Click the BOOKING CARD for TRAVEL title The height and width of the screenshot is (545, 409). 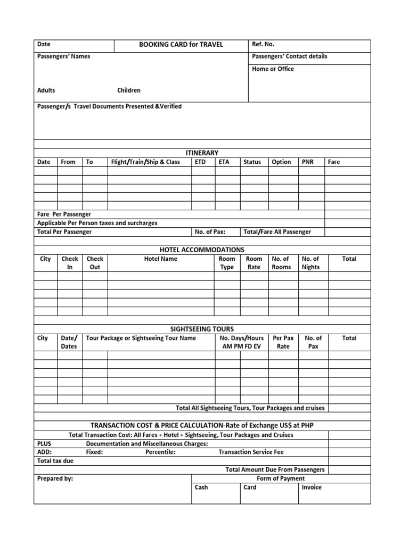tap(181, 45)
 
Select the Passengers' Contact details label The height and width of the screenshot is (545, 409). tap(289, 56)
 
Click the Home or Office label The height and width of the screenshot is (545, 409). tap(273, 69)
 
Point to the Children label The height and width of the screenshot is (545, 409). tap(129, 90)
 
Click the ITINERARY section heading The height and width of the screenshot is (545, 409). tap(202, 153)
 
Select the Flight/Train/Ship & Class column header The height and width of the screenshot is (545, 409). tap(145, 162)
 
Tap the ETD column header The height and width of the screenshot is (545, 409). tap(200, 162)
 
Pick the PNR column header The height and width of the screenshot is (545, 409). tap(307, 162)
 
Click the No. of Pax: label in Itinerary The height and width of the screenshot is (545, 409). tap(210, 232)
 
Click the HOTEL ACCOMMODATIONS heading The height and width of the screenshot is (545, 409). tap(202, 250)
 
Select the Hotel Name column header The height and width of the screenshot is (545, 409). tap(161, 259)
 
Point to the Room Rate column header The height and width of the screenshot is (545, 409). tap(254, 263)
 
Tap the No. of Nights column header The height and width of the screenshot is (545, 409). tap(310, 263)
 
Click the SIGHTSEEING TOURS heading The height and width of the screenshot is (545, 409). tap(202, 329)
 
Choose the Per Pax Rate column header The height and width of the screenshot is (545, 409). tap(283, 342)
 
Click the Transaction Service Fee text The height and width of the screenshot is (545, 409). tap(251, 452)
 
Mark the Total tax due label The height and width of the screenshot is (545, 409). tap(55, 461)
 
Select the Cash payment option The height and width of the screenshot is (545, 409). tap(201, 487)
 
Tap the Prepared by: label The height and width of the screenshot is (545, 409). tap(55, 478)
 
